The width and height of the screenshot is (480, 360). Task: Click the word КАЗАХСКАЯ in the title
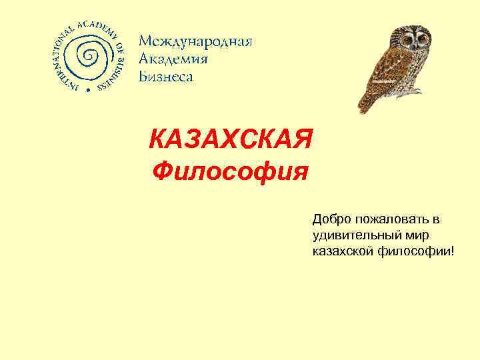(x=231, y=141)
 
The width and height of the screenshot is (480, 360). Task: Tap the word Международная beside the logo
(x=195, y=42)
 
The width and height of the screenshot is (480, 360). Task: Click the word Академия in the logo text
(x=173, y=59)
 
